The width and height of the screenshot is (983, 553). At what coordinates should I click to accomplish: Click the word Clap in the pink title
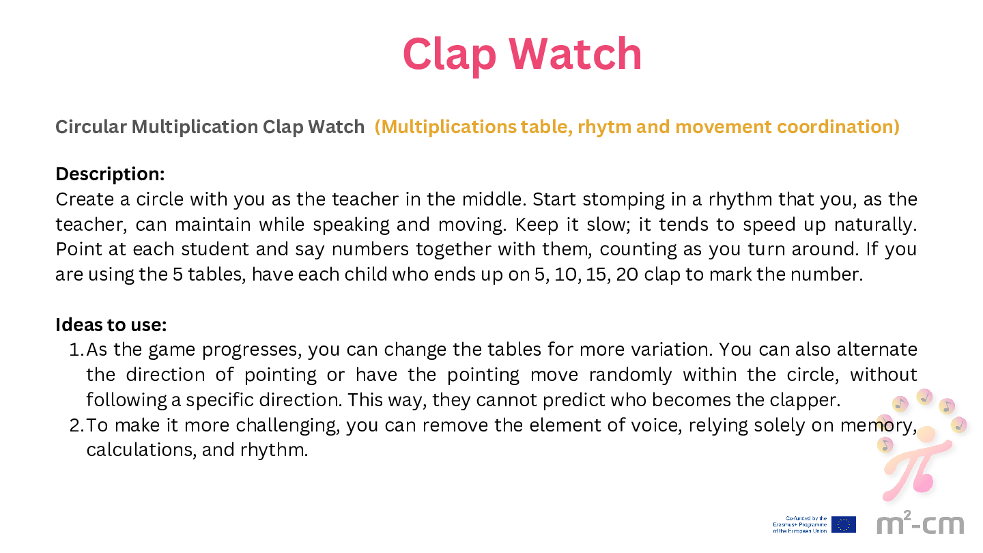point(449,55)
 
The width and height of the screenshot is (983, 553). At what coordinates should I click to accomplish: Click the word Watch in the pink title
point(575,54)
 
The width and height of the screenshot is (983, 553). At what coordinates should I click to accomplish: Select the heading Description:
point(110,175)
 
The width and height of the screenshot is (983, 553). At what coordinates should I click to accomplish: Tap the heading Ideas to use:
point(111,325)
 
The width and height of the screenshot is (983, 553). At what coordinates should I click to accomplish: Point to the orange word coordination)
point(838,127)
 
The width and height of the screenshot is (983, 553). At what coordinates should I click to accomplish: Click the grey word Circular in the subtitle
point(91,127)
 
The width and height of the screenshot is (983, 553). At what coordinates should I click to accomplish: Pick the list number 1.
point(75,350)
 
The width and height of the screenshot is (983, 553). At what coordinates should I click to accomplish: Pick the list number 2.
point(76,425)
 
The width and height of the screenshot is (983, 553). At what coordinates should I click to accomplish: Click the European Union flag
point(844,524)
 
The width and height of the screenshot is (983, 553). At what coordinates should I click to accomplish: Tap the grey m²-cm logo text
point(920,522)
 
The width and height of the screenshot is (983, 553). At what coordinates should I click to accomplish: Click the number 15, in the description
point(598,274)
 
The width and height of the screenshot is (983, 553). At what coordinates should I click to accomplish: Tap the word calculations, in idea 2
point(141,451)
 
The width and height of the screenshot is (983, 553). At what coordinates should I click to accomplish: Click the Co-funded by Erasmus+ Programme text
point(799,524)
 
